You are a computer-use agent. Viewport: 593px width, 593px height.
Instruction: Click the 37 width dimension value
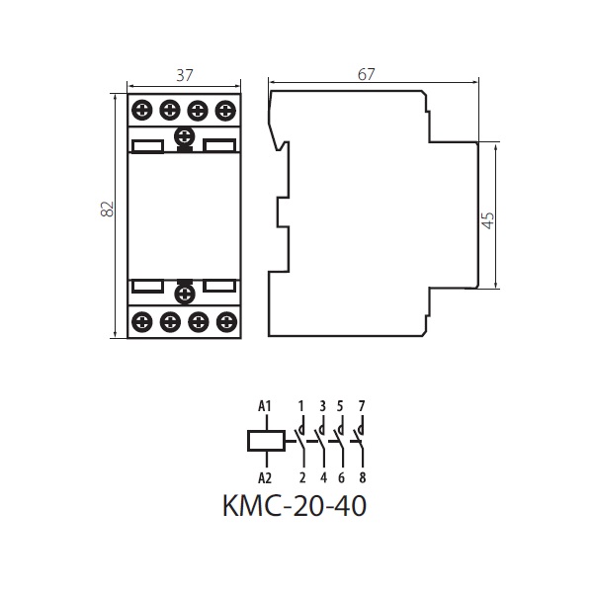[x=185, y=75]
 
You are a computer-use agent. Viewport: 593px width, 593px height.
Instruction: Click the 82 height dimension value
[x=108, y=209]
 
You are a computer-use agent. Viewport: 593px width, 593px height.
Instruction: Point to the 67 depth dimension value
[x=366, y=74]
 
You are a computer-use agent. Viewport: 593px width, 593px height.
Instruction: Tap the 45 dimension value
[x=488, y=220]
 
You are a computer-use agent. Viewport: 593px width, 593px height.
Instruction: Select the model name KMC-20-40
[x=295, y=506]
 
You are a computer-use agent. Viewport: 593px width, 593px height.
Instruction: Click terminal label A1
[x=265, y=406]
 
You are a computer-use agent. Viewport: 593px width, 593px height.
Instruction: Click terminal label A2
[x=265, y=478]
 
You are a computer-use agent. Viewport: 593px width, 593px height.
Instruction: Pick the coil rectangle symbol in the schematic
[x=266, y=441]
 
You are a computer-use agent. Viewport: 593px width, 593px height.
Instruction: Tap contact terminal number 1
[x=301, y=406]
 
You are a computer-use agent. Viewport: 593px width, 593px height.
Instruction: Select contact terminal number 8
[x=363, y=478]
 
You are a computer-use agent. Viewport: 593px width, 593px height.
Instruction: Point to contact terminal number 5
[x=340, y=406]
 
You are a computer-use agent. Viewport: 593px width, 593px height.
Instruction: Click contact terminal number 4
[x=323, y=478]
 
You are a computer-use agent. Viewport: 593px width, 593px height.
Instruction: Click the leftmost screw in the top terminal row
[x=142, y=111]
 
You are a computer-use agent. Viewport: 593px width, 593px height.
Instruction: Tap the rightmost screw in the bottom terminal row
[x=226, y=322]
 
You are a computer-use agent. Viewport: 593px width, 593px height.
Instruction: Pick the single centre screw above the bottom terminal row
[x=185, y=294]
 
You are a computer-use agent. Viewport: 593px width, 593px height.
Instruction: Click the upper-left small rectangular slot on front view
[x=147, y=146]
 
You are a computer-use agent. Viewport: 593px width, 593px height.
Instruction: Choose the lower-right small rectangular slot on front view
[x=219, y=286]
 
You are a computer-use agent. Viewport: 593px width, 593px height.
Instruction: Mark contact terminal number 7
[x=362, y=406]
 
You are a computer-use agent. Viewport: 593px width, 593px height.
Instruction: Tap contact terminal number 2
[x=302, y=478]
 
